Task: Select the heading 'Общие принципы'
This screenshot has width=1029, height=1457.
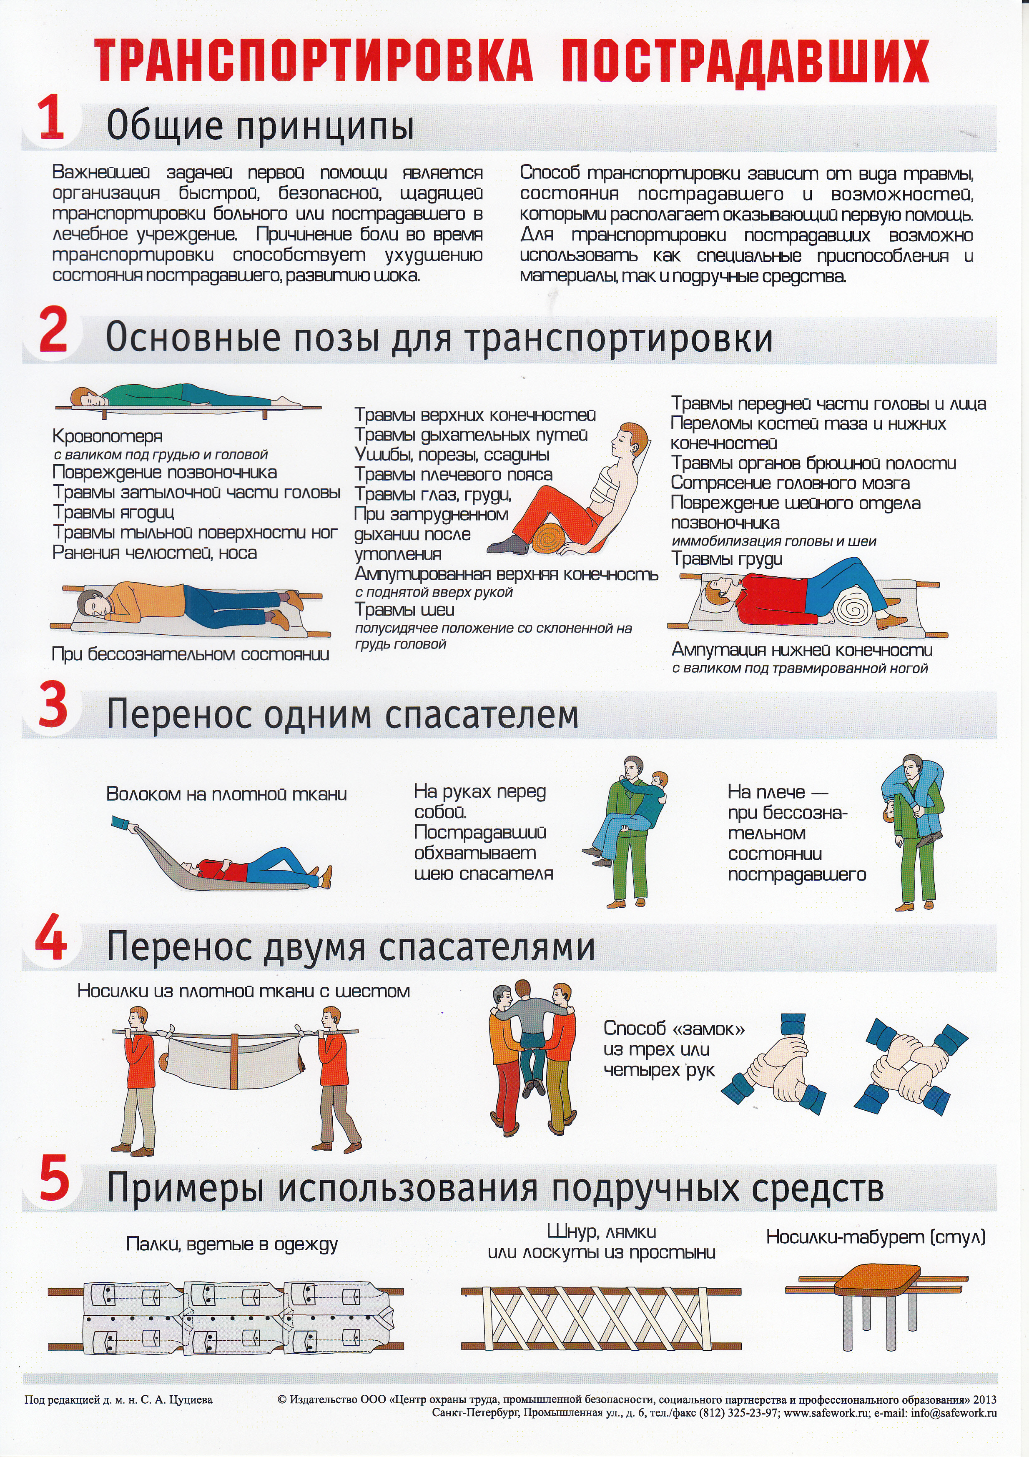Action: click(x=260, y=125)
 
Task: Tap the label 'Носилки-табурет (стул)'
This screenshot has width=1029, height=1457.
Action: click(x=876, y=1236)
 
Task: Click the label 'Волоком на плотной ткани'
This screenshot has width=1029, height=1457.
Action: click(x=227, y=794)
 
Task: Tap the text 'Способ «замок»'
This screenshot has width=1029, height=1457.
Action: click(x=674, y=1028)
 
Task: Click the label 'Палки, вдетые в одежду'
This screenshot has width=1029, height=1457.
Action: click(x=232, y=1244)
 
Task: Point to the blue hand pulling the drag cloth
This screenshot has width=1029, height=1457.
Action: click(x=120, y=822)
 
